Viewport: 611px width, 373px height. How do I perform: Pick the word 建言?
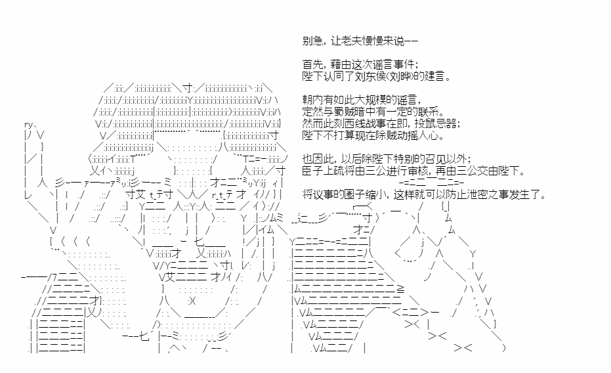pyautogui.click(x=434, y=76)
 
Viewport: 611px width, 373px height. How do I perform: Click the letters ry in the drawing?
pyautogui.click(x=28, y=125)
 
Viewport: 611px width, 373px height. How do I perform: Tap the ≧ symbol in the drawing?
pyautogui.click(x=400, y=289)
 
